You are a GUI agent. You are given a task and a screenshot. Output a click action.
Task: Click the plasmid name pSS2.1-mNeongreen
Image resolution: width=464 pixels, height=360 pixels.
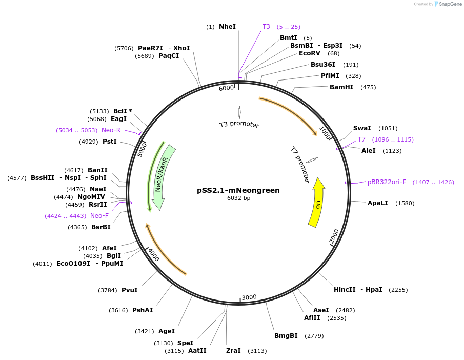click(238, 190)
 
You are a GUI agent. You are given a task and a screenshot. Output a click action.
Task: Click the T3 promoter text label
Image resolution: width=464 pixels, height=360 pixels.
click(239, 124)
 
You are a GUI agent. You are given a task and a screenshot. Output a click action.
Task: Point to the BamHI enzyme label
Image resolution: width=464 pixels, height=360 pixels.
click(341, 87)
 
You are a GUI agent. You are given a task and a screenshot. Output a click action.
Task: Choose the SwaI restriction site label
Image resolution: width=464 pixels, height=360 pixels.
click(361, 128)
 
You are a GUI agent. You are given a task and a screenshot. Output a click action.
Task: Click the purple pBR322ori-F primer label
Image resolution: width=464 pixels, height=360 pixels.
click(387, 182)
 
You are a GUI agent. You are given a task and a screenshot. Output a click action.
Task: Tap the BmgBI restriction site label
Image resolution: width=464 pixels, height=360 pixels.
click(286, 336)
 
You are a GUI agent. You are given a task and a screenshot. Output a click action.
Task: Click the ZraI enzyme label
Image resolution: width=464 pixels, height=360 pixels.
click(233, 351)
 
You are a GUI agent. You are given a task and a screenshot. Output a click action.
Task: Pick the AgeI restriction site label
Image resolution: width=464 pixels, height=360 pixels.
click(167, 331)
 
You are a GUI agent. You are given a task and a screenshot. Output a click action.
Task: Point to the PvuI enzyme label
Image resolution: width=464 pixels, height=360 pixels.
click(129, 290)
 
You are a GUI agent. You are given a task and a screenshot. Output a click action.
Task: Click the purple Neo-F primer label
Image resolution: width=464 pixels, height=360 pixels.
click(99, 216)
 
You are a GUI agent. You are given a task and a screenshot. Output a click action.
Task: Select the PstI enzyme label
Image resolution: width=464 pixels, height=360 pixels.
click(110, 142)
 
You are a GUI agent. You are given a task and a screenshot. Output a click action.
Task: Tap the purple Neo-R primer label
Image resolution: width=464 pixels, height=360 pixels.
click(111, 130)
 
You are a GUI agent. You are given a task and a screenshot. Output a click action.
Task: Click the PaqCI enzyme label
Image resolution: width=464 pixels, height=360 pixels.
click(169, 56)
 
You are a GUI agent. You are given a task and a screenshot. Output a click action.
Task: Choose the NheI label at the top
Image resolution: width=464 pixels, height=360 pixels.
click(227, 26)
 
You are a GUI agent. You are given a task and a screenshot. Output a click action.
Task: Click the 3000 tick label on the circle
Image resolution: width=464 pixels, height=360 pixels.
click(249, 297)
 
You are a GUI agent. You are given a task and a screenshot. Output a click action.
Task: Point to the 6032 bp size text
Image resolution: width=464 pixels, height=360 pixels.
click(238, 198)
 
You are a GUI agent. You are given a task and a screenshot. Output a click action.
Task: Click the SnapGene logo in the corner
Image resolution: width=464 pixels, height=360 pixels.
click(448, 4)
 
